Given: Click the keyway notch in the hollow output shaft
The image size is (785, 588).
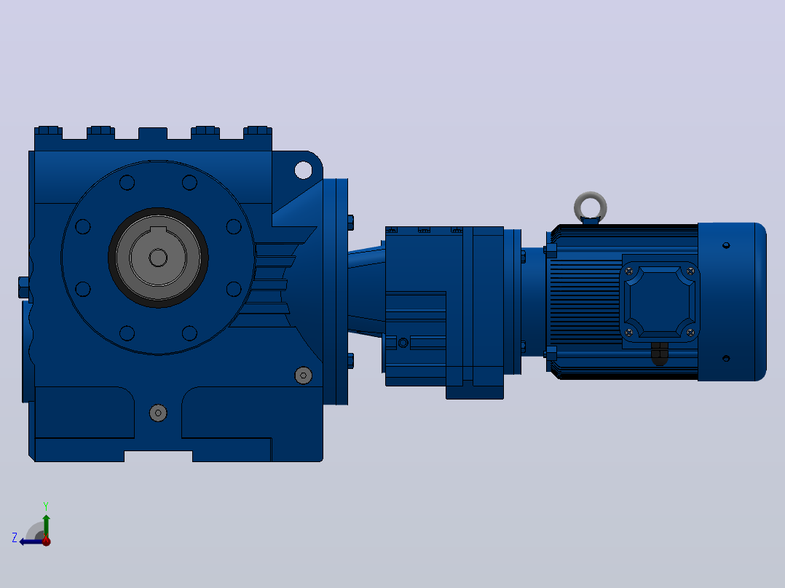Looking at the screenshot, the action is coord(158,230).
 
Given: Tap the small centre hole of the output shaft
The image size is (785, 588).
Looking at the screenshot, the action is coord(158,258).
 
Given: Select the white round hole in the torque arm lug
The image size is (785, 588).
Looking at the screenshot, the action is coord(303,170).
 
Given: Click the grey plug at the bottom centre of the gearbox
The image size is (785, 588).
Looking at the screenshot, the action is coord(158,413).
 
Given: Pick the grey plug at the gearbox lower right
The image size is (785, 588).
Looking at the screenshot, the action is coord(304,376).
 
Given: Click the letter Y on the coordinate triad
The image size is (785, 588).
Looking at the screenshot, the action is coord(46,506).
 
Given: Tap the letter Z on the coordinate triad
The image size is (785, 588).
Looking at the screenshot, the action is coord(15,538).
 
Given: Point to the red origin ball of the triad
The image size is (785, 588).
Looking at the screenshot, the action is coord(46,541).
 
